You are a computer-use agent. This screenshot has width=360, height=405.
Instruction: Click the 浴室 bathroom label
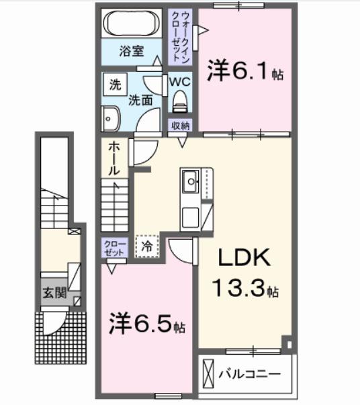pyautogui.click(x=131, y=51)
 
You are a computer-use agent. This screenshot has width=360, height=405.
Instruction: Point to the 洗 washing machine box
pyautogui.click(x=116, y=85)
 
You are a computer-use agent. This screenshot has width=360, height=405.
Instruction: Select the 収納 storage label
pyautogui.click(x=180, y=125)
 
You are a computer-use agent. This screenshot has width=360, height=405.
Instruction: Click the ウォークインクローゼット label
pyautogui.click(x=181, y=35)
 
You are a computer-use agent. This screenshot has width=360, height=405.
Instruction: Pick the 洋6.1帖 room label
pyautogui.click(x=244, y=71)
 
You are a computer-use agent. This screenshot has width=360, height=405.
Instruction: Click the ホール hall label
pyautogui.click(x=114, y=159)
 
